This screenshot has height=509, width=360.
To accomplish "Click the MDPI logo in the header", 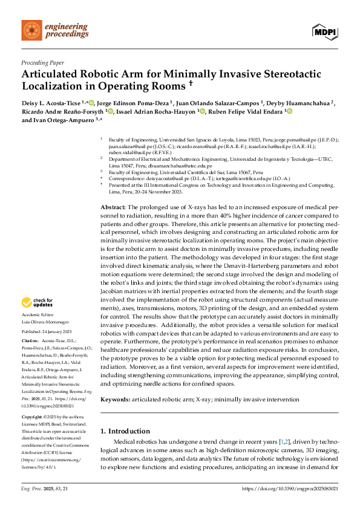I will coord(325,31).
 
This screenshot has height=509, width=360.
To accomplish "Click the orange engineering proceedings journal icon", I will coord(31,31).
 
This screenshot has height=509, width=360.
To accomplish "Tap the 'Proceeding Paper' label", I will coord(43,62).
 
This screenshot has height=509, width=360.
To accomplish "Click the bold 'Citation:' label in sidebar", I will coord(31,343).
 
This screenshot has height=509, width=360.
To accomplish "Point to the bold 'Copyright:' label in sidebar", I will coord(33,418).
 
